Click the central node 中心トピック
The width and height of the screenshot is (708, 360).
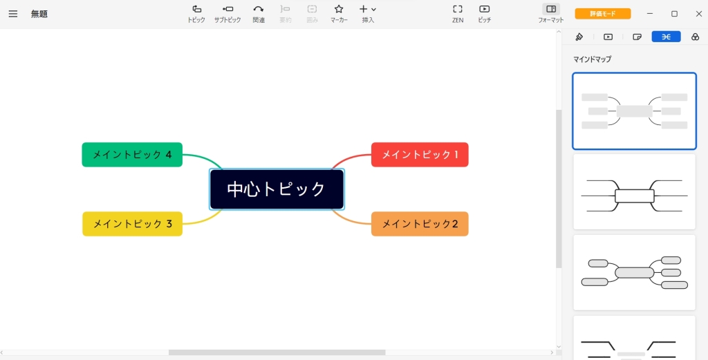tap(277, 189)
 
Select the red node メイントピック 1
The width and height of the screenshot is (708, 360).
tap(420, 155)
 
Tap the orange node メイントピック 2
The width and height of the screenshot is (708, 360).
tap(420, 224)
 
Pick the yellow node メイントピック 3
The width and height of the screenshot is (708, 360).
tap(132, 224)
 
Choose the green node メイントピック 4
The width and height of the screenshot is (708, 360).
tap(132, 155)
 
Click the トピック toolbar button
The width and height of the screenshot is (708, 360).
tap(196, 14)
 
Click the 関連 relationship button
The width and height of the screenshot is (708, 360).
tap(259, 14)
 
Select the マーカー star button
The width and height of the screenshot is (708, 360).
tap(339, 14)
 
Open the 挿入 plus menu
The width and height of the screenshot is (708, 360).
tap(368, 14)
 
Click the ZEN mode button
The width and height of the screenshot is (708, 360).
tap(458, 14)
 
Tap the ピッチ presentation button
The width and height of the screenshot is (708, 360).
tap(484, 14)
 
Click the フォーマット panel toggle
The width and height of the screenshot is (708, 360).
tap(551, 14)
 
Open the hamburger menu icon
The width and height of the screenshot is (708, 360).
tap(13, 14)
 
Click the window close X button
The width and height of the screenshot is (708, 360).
tap(698, 14)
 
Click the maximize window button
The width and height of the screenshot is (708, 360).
tap(674, 14)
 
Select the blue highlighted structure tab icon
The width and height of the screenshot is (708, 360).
tap(666, 37)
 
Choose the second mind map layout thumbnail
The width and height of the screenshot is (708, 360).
tap(635, 191)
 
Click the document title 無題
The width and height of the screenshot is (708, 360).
tap(39, 14)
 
